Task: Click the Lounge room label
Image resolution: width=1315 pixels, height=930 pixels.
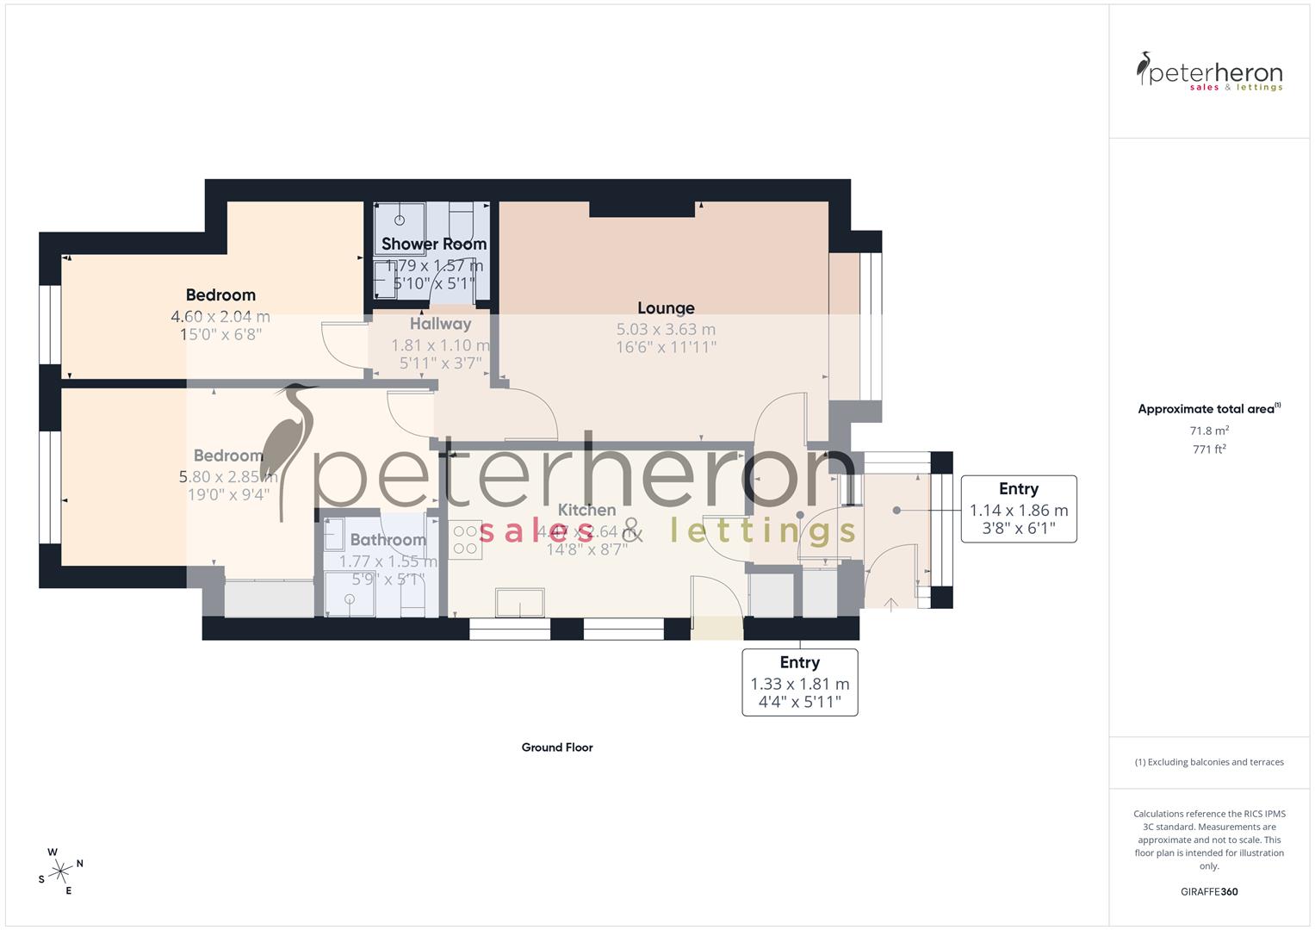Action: tap(666, 308)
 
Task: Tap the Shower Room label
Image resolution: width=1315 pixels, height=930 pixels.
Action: tap(434, 245)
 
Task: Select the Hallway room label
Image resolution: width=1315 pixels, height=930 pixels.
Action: tap(440, 325)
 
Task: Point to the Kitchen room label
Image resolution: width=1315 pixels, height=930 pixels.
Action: tap(586, 511)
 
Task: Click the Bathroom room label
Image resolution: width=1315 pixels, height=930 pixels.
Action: tap(388, 541)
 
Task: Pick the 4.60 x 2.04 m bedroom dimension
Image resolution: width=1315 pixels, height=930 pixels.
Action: tap(220, 317)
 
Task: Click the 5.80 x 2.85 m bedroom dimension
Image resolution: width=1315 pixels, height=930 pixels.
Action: tap(227, 476)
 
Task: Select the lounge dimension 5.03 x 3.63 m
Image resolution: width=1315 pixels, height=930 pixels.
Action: tap(666, 330)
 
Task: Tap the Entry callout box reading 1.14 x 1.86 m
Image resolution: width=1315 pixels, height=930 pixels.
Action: tap(1018, 509)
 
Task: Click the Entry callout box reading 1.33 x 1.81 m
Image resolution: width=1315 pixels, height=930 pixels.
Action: tap(800, 682)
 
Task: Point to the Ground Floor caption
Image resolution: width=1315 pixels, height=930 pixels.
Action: tap(557, 747)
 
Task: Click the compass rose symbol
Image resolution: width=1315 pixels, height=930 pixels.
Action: tap(60, 871)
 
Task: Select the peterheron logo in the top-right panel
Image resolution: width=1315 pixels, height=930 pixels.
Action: tap(1210, 72)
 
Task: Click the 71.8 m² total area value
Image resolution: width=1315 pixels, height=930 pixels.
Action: tap(1209, 431)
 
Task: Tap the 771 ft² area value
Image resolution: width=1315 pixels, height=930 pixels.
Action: tap(1209, 449)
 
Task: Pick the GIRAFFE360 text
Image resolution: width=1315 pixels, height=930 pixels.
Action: tap(1209, 891)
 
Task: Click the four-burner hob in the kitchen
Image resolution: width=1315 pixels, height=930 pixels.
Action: tap(465, 540)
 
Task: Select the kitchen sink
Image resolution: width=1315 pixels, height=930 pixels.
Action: tap(519, 603)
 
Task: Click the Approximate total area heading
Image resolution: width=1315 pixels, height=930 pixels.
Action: tap(1208, 409)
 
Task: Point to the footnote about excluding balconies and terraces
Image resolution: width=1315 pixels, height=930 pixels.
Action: tap(1209, 762)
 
